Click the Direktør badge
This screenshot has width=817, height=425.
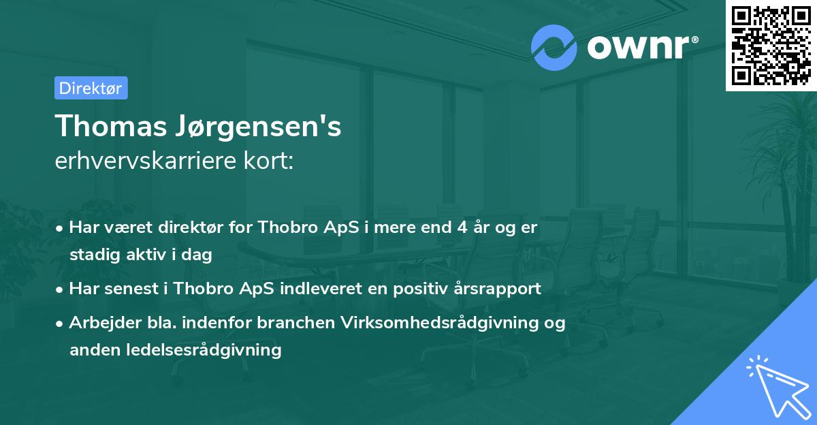[91, 88]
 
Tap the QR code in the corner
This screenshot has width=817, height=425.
[771, 45]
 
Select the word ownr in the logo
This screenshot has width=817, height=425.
[637, 47]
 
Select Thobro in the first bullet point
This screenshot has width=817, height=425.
[283, 227]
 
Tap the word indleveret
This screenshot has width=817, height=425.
[323, 289]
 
